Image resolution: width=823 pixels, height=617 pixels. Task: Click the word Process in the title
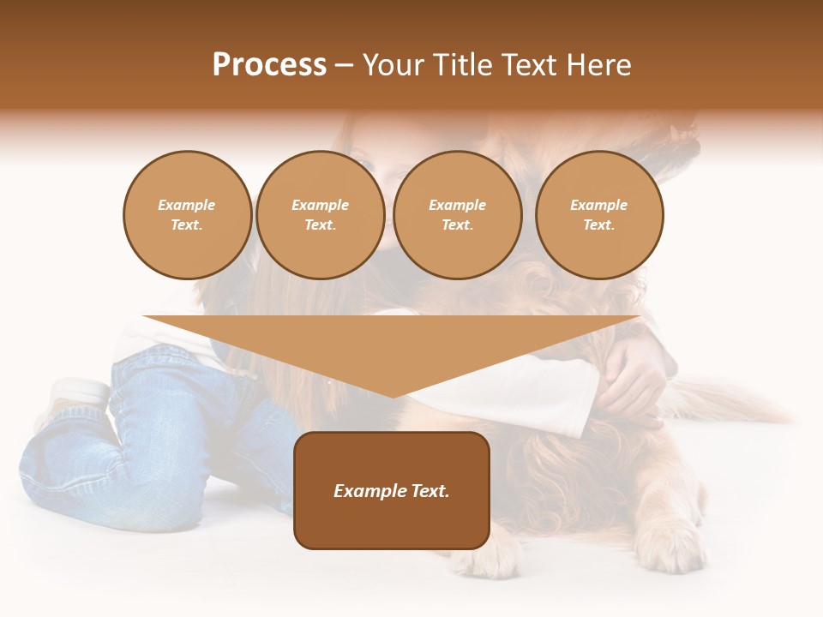click(x=269, y=65)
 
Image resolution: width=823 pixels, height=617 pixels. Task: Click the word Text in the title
click(x=532, y=65)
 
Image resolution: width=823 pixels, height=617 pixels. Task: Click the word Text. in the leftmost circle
click(x=187, y=225)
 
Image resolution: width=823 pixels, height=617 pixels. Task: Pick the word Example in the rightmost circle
click(x=598, y=205)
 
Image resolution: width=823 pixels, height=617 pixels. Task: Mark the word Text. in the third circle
click(x=457, y=225)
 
